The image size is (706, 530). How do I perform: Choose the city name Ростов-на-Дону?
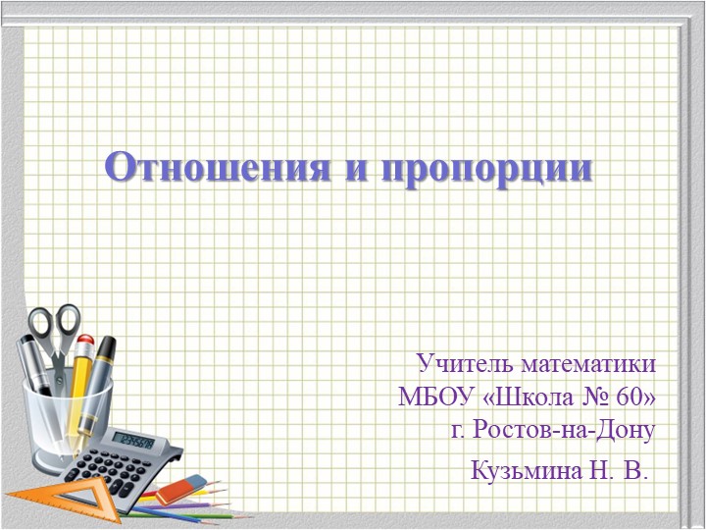tap(565, 429)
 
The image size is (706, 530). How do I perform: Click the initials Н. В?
tap(618, 471)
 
